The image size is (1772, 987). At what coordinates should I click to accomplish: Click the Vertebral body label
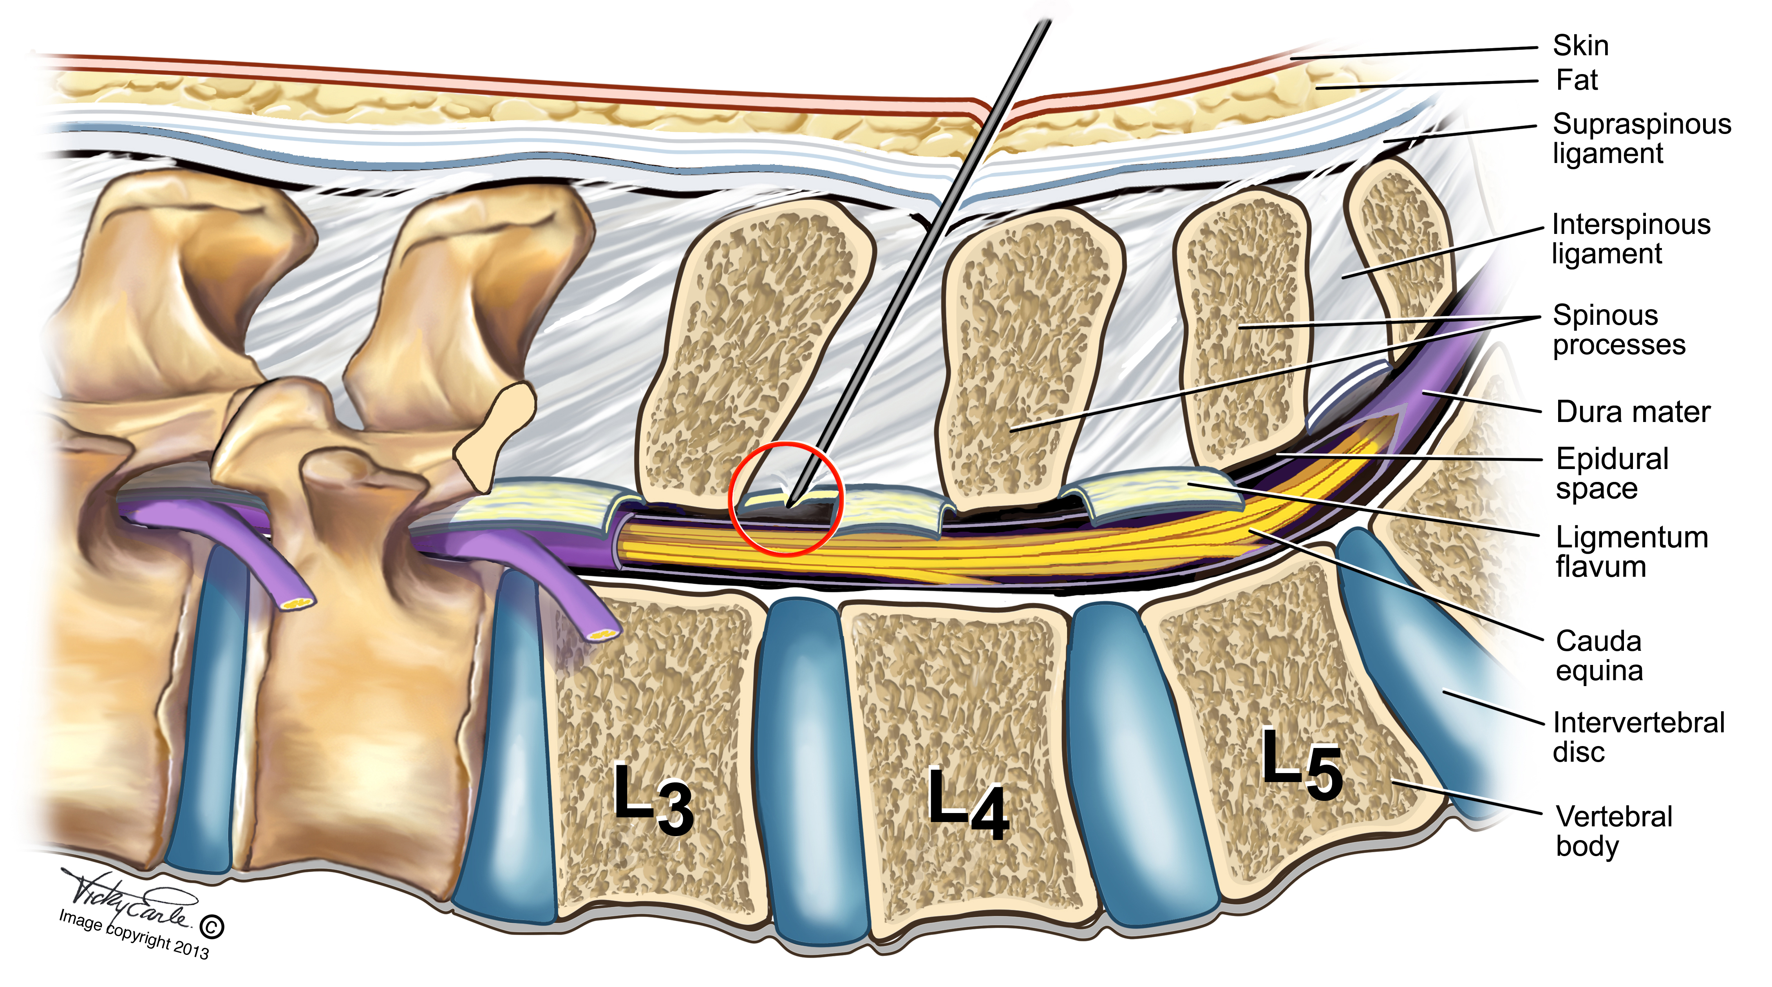pos(1613,831)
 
